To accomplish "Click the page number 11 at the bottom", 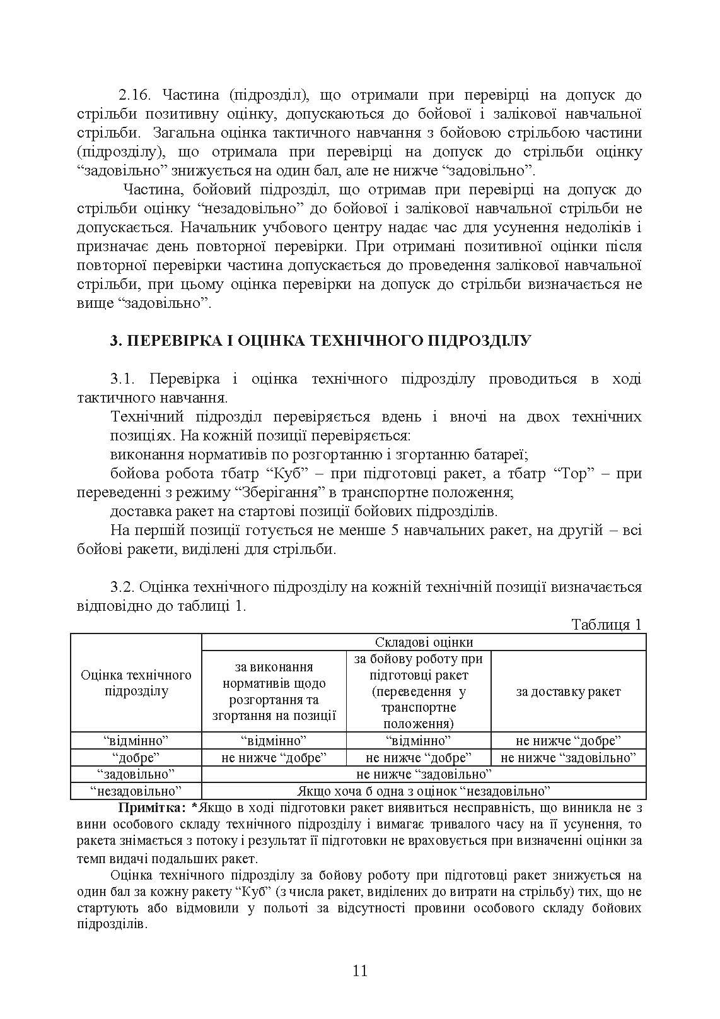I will click(360, 970).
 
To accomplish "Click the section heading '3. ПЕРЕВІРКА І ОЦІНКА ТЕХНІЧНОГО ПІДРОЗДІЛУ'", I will click(320, 341).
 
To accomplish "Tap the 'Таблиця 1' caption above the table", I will click(606, 625).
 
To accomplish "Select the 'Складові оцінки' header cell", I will click(424, 642).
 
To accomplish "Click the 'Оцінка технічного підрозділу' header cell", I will click(136, 683).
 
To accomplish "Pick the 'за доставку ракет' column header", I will click(568, 692).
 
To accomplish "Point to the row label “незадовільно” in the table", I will click(136, 791).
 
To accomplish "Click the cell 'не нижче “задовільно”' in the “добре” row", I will click(568, 757).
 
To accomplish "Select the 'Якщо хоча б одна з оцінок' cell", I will click(424, 791).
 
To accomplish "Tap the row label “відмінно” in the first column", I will click(136, 740).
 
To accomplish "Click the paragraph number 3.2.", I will click(123, 587).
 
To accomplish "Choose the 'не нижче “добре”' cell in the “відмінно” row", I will click(568, 740).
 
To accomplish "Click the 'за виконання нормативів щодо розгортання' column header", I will click(274, 692).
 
